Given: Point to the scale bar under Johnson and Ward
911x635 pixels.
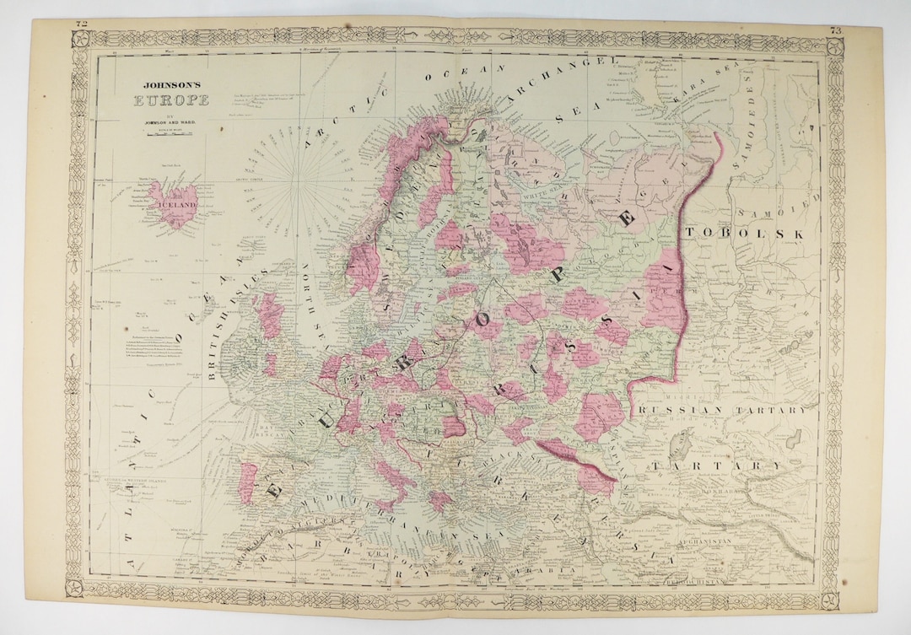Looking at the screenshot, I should [166, 136].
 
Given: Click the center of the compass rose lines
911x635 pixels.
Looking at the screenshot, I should [300, 180].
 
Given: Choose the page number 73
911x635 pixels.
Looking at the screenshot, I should [835, 31].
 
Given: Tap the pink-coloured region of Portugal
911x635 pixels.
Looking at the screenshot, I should [247, 482].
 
